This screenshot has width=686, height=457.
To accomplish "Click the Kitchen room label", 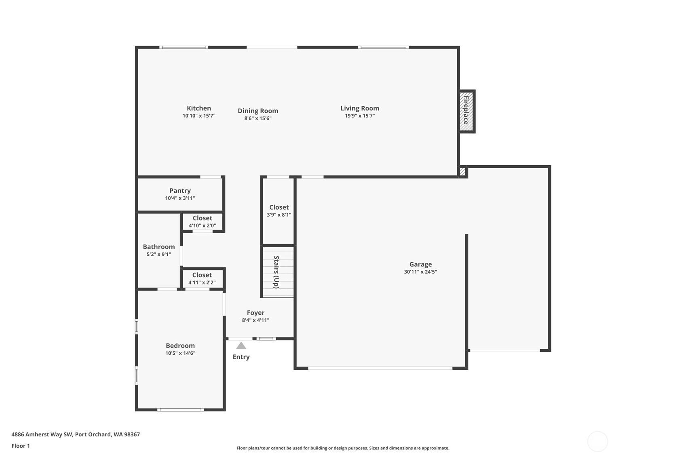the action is [x=199, y=108].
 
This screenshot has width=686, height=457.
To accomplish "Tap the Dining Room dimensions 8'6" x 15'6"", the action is [x=258, y=118].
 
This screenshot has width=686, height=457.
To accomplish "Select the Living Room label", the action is [x=360, y=108].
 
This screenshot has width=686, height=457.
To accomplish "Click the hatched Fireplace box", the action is [x=466, y=112].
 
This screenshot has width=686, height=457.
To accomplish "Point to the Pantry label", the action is [x=180, y=191].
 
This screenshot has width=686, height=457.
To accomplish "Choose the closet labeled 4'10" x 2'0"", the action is [x=203, y=221].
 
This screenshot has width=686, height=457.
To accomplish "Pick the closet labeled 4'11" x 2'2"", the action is [x=202, y=278].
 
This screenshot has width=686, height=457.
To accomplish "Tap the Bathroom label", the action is [x=158, y=247].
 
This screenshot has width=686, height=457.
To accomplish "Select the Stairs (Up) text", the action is [x=276, y=272].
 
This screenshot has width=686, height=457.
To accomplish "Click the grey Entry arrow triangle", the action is [x=241, y=345].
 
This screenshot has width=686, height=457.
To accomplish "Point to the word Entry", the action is [x=241, y=357].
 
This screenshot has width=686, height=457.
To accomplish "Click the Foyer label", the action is [x=256, y=313].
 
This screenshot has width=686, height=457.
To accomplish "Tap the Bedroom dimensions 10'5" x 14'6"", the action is [x=180, y=353].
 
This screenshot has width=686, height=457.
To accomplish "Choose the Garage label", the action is [x=420, y=264].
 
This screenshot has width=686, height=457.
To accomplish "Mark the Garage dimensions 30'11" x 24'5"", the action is [x=420, y=272].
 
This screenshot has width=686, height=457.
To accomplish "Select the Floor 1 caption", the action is [x=21, y=446].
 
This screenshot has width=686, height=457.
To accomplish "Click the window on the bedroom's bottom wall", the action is [x=180, y=410].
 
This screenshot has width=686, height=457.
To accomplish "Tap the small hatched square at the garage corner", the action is [x=463, y=172].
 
